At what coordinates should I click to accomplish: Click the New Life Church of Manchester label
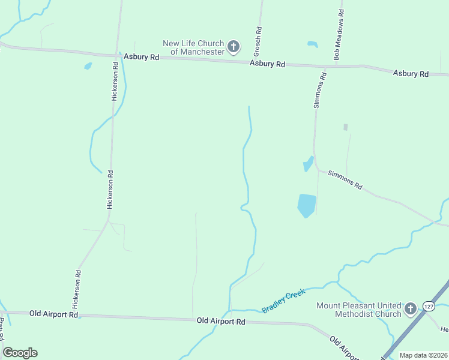coord(193,47)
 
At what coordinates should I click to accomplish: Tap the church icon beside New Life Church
coord(234,46)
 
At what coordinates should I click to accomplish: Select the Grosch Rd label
coord(259,38)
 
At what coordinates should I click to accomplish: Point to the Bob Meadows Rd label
coord(339,34)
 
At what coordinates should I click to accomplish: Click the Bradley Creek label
coord(284,301)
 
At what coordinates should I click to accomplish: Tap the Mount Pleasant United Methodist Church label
coord(359,310)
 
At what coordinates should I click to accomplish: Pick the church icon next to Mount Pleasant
coord(411,309)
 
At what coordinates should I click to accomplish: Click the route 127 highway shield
coord(429,306)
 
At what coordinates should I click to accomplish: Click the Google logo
coord(20,353)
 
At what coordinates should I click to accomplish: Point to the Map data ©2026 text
coord(423,355)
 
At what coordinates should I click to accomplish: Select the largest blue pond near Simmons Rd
coord(306,205)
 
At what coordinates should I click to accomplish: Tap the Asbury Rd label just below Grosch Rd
coord(267,64)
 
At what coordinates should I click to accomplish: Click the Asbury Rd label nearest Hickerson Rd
coord(142,57)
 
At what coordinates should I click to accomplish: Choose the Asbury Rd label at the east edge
coord(411,74)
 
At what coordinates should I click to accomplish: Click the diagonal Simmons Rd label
coord(345,179)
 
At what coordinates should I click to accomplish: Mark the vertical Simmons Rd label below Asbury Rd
coord(319,90)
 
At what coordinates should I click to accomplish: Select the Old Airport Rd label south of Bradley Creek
coord(221,322)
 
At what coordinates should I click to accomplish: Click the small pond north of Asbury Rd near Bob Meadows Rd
coord(312,44)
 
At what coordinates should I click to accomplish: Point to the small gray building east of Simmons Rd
coord(345,127)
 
